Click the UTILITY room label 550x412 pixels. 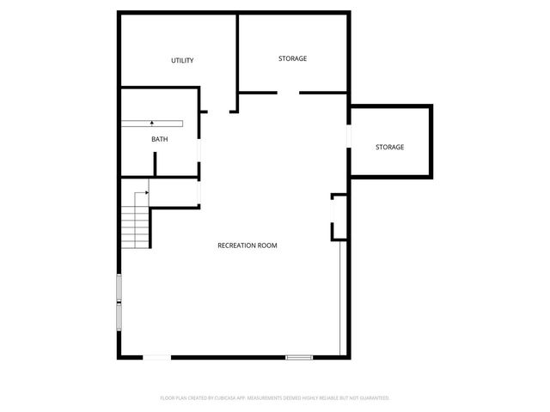[x=182, y=61]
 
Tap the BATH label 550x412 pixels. [x=160, y=139]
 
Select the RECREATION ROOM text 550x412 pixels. [x=247, y=245]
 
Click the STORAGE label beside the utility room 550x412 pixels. [x=292, y=58]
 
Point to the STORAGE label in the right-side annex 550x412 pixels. [x=389, y=148]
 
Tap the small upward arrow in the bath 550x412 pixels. [x=153, y=124]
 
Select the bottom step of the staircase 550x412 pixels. [x=136, y=245]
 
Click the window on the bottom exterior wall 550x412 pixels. [x=299, y=356]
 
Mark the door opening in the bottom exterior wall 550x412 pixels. [x=156, y=356]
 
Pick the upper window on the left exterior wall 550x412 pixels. [x=119, y=288]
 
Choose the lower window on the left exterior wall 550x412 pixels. [x=119, y=316]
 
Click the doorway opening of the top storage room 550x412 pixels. [x=288, y=92]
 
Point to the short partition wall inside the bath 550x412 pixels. [x=155, y=163]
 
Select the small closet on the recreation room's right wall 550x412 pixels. [x=339, y=217]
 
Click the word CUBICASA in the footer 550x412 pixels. [x=227, y=398]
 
